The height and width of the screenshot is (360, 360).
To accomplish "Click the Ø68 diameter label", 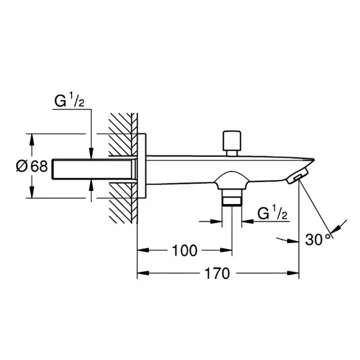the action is tap(32, 166).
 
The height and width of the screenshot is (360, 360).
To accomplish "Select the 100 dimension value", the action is tap(184, 250).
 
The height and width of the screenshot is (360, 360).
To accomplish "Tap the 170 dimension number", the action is tap(217, 273).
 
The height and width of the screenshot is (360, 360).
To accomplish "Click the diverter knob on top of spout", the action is tap(232, 143).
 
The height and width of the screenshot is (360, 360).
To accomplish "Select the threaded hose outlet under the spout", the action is tap(232, 197).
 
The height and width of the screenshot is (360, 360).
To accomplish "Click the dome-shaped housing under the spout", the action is tap(232, 180).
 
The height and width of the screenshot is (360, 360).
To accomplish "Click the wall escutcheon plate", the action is tap(142, 166).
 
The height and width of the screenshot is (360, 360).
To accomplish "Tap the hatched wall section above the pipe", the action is tap(123, 134).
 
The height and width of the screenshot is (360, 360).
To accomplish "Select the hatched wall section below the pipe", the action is tap(123, 203).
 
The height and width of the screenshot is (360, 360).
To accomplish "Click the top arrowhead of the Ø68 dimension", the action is tap(32, 140).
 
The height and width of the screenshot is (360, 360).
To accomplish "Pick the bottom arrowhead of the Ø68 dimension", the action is tap(32, 192).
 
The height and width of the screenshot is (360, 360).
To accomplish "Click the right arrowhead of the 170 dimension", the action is tap(293, 273).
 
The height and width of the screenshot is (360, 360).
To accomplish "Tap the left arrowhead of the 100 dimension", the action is tap(143, 250).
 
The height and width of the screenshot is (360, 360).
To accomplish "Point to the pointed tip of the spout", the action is tap(313, 159).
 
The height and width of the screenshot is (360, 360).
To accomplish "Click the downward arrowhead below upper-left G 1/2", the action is tap(91, 153).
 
